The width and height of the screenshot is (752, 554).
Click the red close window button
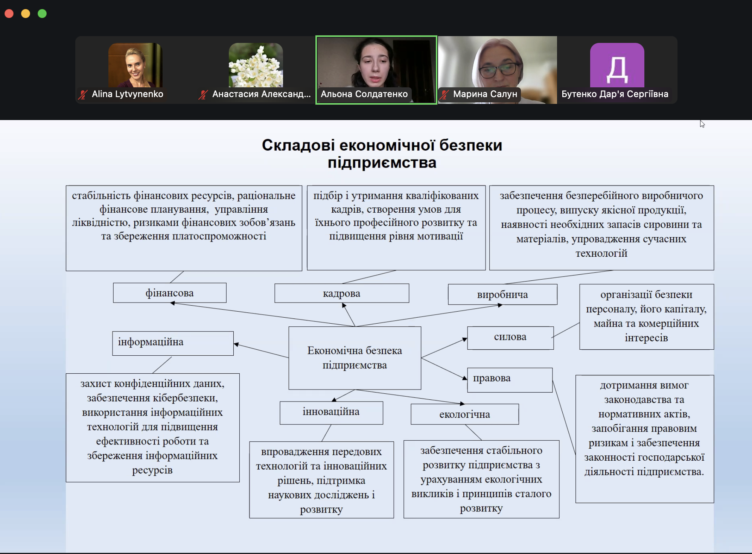coord(9,14)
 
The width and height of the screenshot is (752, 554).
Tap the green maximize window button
coord(42,14)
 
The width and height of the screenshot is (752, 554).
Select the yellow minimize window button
coord(26,14)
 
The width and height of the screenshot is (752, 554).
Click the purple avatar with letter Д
coord(617,65)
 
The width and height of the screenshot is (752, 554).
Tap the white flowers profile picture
coord(256,65)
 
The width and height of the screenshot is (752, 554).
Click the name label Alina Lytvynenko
coord(128,94)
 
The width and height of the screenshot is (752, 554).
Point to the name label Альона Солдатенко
coord(364,94)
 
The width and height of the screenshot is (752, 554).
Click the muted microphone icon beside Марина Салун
coord(445,94)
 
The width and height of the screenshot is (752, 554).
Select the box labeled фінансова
coord(170,293)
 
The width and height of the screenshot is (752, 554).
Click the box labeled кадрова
coord(342,293)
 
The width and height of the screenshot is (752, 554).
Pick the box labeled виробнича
coord(502,294)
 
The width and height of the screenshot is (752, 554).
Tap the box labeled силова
coord(510,338)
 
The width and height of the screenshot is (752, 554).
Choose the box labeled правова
coord(510,380)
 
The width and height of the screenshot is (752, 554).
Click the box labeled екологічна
coord(465,414)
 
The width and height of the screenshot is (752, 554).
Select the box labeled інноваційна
coord(331,413)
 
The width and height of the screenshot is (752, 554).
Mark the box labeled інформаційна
coord(173,343)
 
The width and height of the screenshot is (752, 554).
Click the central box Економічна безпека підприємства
coord(355,358)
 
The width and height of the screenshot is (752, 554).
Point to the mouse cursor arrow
coord(702,124)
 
